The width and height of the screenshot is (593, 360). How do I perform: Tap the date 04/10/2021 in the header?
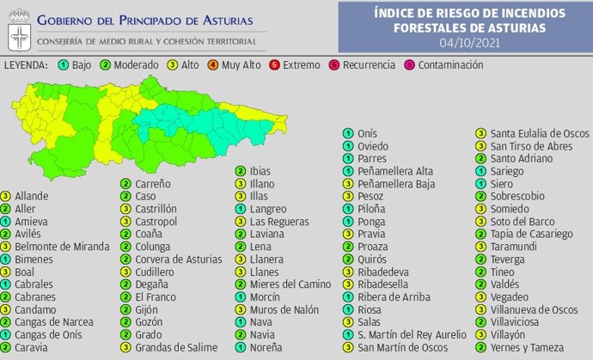coord(470,41)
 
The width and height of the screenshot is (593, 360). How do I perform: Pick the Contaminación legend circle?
coord(409,65)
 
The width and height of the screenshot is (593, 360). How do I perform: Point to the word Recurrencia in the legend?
coord(369,65)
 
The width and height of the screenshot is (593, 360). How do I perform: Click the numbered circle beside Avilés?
coord(7,234)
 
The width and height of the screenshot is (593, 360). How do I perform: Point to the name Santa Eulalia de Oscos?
coord(539,133)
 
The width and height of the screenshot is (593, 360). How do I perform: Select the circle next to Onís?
coord(348,133)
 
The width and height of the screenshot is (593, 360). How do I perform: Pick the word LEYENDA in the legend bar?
coord(25,65)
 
